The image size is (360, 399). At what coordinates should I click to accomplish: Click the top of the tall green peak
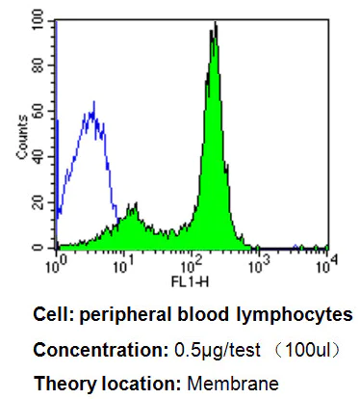click(215, 24)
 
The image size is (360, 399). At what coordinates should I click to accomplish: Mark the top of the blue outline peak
click(92, 102)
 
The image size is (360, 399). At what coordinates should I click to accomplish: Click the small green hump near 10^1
click(134, 205)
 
